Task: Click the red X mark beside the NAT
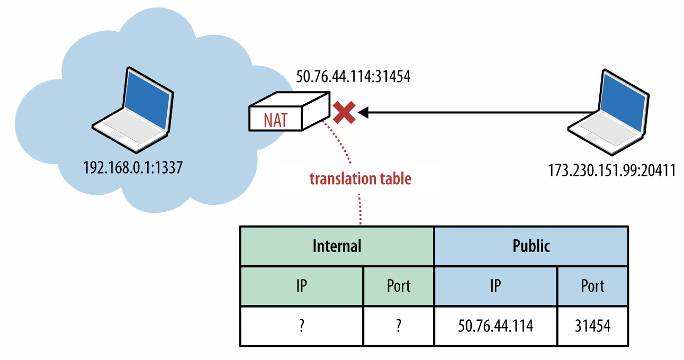point(344,113)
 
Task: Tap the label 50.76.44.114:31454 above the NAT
point(353,77)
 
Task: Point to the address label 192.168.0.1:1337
point(133,168)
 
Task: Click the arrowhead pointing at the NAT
point(364,112)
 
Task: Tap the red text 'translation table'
point(360,179)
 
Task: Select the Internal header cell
point(337,246)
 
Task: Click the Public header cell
point(531,246)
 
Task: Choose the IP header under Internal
point(301,286)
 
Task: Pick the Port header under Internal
point(398,286)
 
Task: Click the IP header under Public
point(495,286)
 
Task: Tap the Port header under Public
point(592,286)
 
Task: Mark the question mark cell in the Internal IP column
point(301,326)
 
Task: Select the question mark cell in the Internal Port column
point(398,326)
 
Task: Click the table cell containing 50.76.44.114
point(495,326)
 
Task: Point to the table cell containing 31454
point(592,326)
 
